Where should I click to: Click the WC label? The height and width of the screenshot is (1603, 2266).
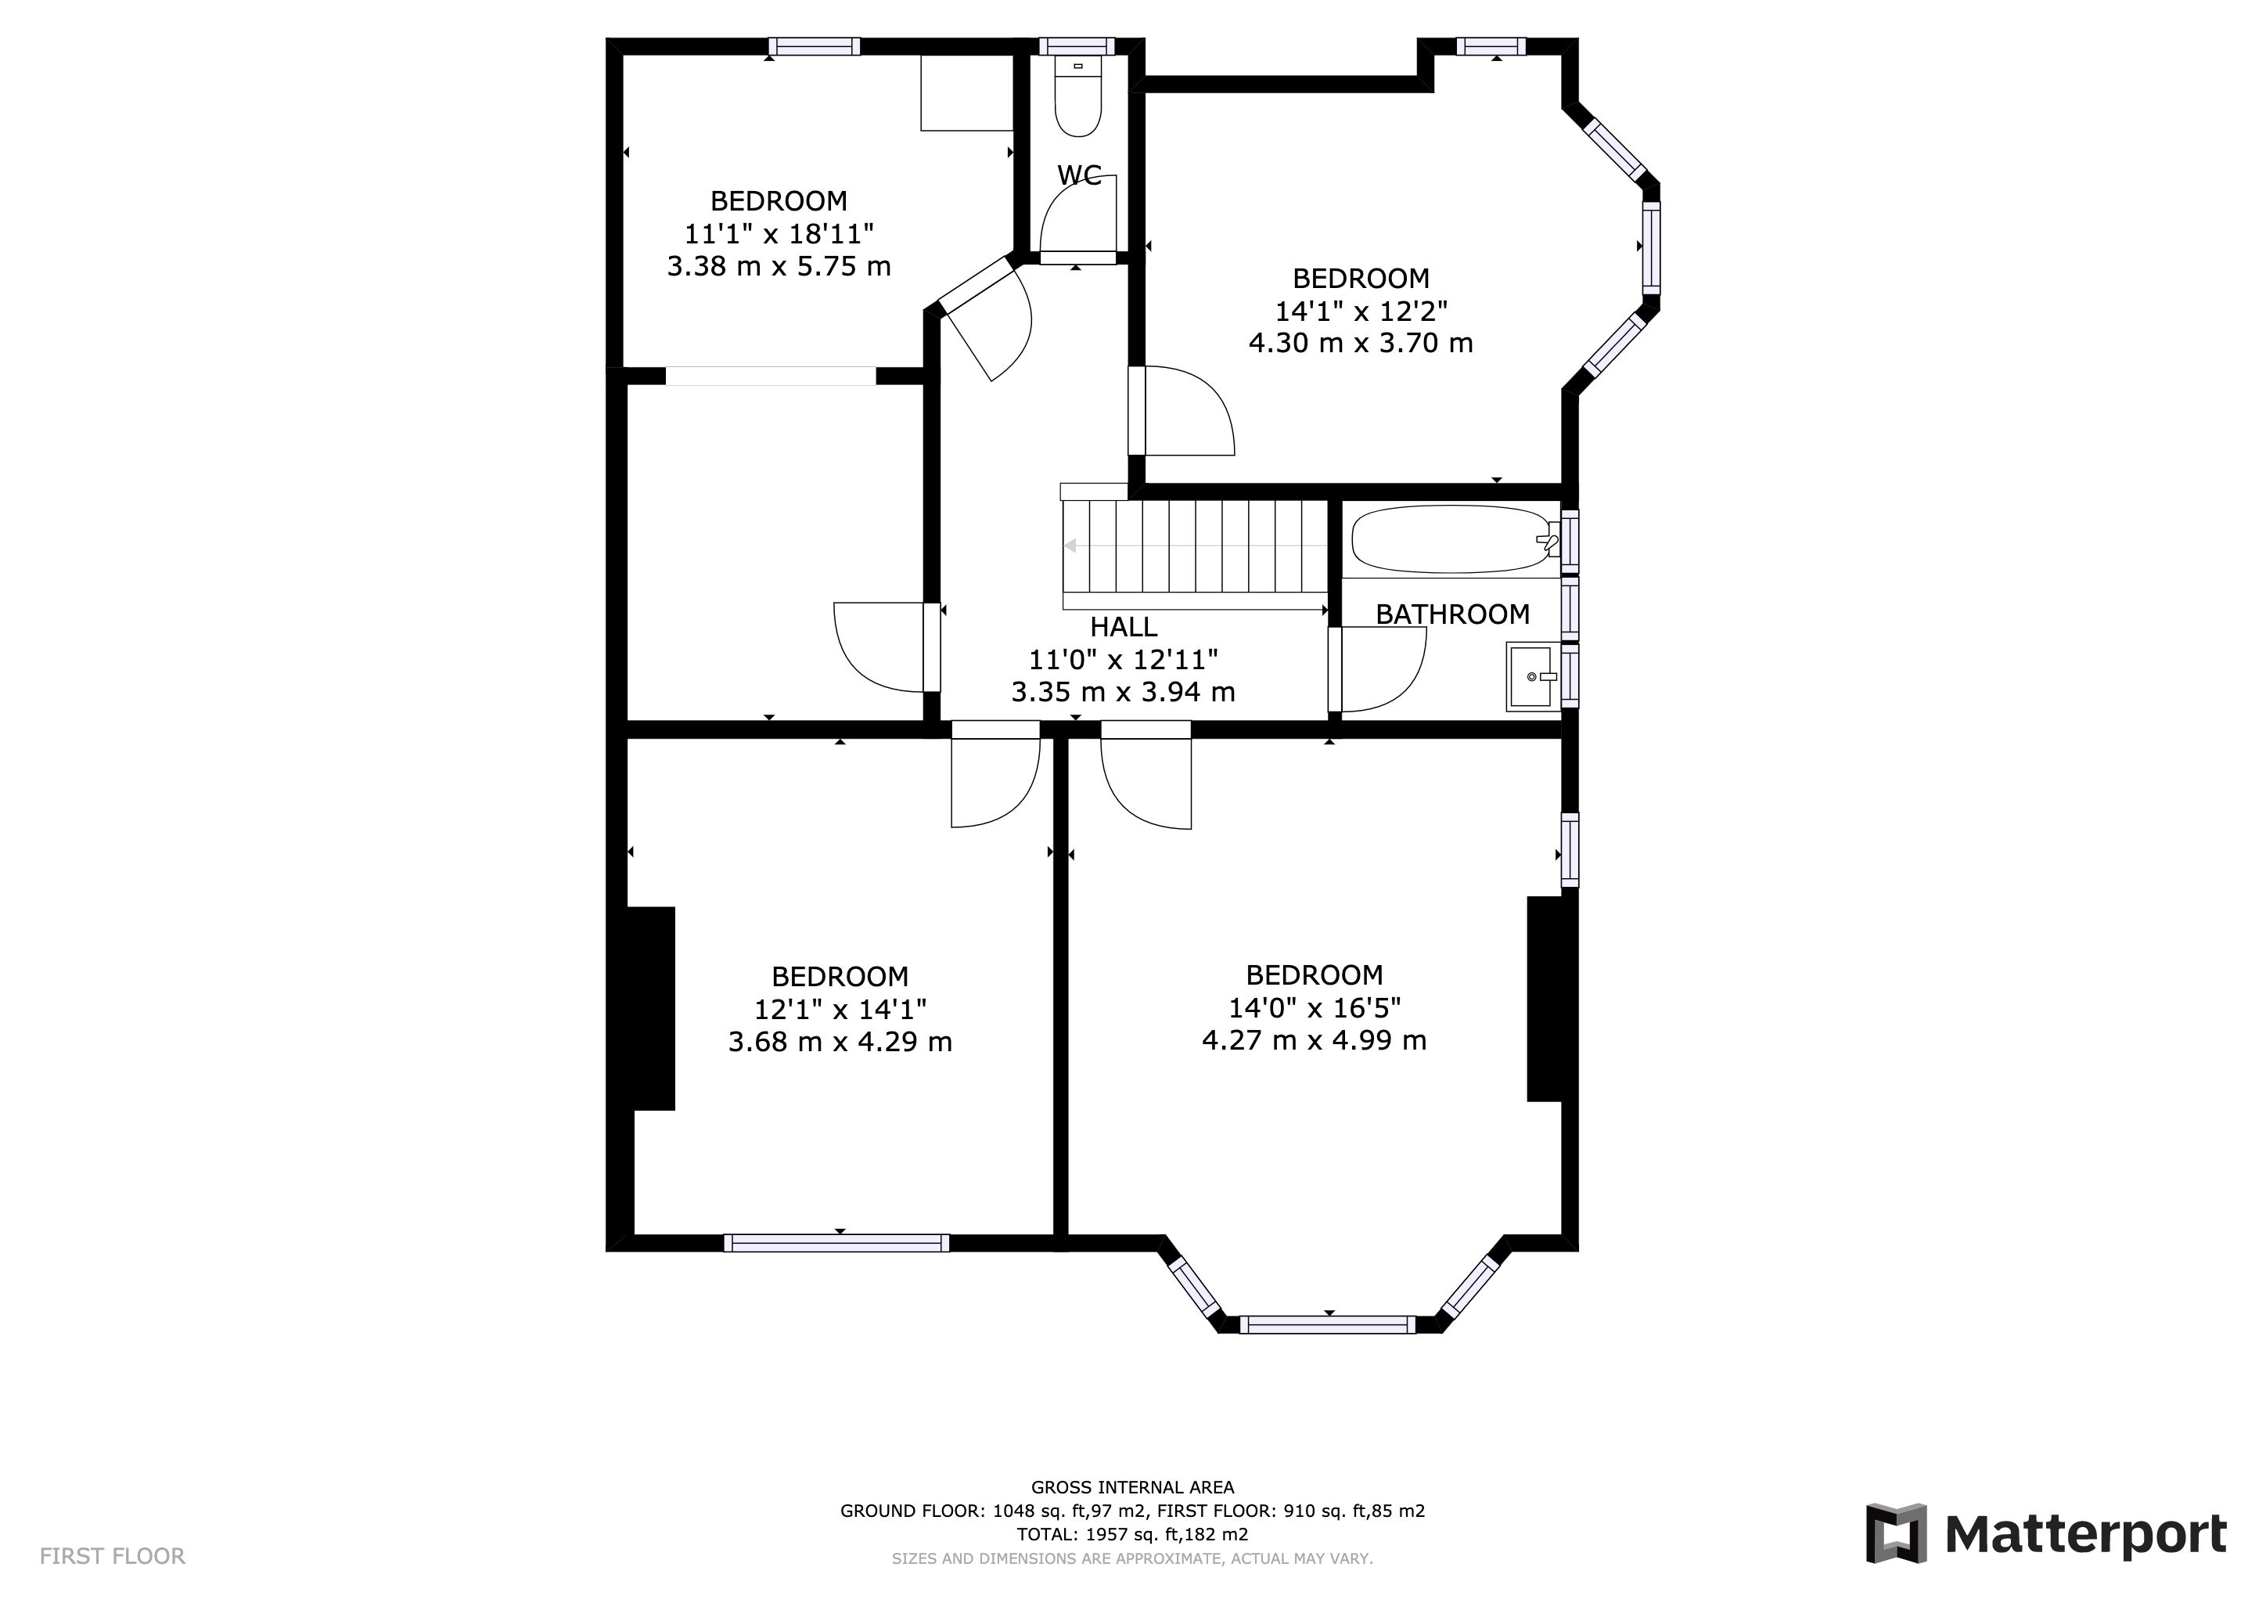(1079, 175)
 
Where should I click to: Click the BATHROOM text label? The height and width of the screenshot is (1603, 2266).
(1453, 614)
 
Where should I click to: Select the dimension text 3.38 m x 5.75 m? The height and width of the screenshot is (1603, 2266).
(779, 266)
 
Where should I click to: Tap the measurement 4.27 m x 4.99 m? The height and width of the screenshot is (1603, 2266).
(1314, 1040)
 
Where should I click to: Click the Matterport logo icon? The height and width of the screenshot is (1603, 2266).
(1896, 1533)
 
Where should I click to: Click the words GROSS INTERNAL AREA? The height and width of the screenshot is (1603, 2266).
(1132, 1487)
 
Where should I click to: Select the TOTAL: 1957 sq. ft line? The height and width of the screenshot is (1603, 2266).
(1132, 1535)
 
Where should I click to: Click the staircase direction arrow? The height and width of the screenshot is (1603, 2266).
(1194, 546)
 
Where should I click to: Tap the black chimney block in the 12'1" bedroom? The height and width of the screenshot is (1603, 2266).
(651, 1009)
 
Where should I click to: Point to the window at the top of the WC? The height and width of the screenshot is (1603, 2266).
(1077, 46)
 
